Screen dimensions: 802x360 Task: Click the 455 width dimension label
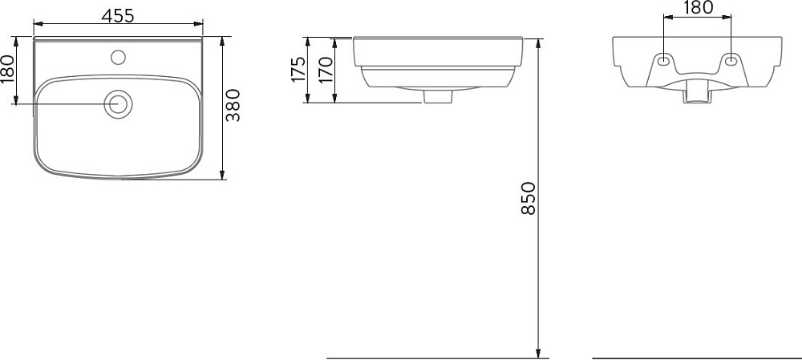(x=118, y=16)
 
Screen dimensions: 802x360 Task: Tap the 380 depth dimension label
(x=233, y=105)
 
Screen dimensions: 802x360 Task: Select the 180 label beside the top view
(x=8, y=68)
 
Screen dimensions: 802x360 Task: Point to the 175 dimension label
(x=298, y=69)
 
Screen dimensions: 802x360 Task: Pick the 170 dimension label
(x=326, y=70)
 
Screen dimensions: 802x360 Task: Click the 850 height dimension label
(x=529, y=198)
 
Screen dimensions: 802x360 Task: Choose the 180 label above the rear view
(x=697, y=7)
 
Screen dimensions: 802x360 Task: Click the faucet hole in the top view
(x=118, y=57)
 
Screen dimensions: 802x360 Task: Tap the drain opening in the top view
(x=118, y=103)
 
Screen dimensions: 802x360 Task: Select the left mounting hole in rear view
(x=663, y=60)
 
